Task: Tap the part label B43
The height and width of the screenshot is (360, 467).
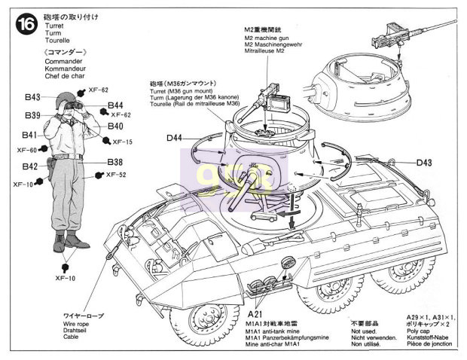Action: pyautogui.click(x=32, y=97)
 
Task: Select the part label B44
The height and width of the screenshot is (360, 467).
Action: pyautogui.click(x=114, y=105)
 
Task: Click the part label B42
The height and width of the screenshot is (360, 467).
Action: pyautogui.click(x=30, y=166)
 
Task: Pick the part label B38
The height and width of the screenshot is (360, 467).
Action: pyautogui.click(x=114, y=163)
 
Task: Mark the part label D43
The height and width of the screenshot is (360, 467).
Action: pyautogui.click(x=424, y=162)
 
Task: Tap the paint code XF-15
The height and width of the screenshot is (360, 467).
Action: pyautogui.click(x=123, y=142)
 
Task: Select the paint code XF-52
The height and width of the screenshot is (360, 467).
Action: pyautogui.click(x=118, y=175)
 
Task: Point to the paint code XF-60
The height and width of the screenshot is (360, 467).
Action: pyautogui.click(x=27, y=150)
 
